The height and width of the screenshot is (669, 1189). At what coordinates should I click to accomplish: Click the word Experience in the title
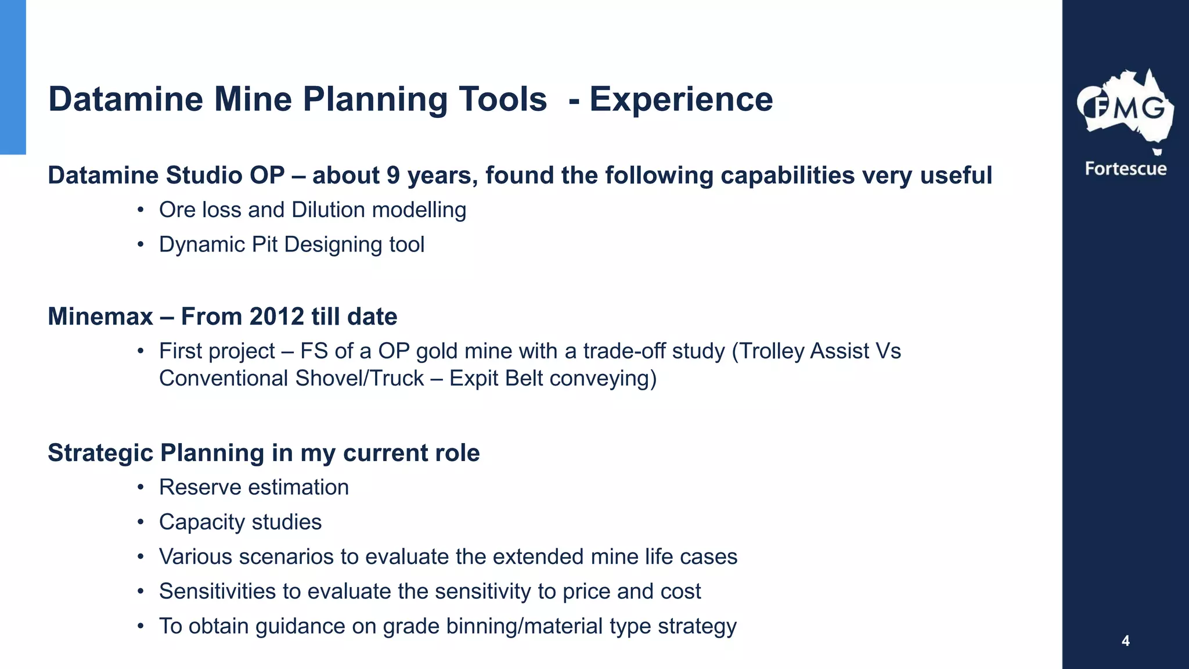[x=681, y=99]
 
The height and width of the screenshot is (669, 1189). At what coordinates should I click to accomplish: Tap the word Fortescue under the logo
[x=1125, y=169]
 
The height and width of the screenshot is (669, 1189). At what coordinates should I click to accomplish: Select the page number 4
[x=1125, y=641]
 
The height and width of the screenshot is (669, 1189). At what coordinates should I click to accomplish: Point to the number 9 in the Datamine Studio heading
[x=393, y=176]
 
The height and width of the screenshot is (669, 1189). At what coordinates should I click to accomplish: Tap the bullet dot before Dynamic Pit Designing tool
[x=140, y=245]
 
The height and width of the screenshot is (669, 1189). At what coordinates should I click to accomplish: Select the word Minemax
[x=100, y=317]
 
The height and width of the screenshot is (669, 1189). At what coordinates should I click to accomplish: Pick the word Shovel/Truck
[x=359, y=379]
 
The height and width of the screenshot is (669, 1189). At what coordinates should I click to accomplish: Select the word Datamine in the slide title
[x=126, y=99]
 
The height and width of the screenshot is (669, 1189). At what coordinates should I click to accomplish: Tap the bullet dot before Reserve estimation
[x=140, y=488]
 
